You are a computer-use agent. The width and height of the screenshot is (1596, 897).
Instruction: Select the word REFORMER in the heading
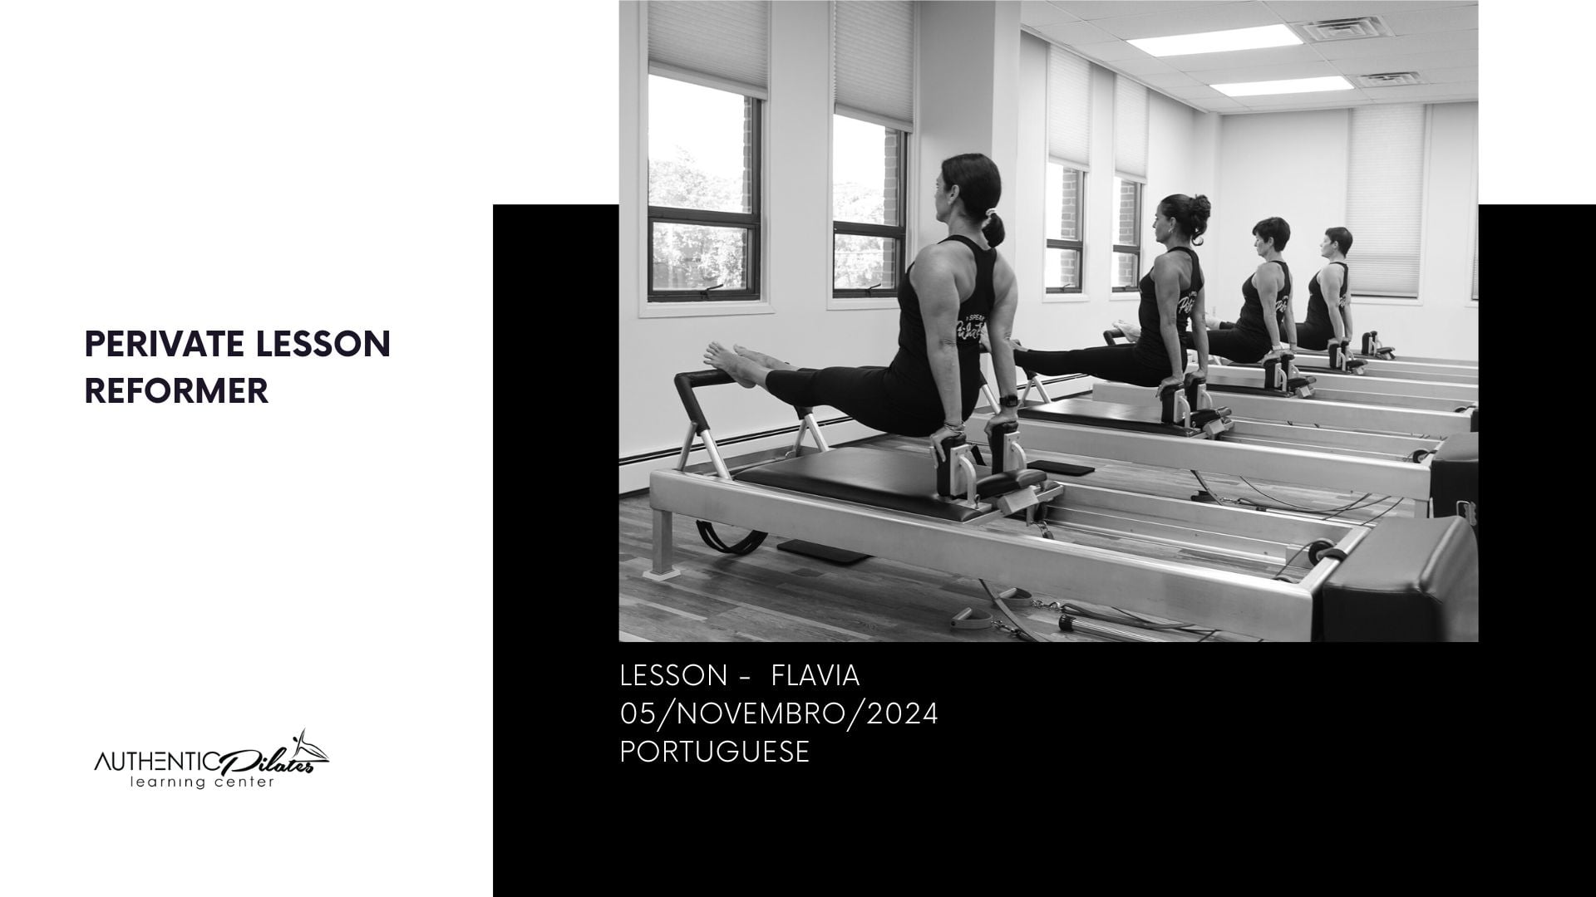click(177, 391)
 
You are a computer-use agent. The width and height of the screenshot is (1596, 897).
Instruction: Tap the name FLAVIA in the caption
click(815, 676)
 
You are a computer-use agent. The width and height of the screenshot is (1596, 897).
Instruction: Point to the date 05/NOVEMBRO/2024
click(779, 713)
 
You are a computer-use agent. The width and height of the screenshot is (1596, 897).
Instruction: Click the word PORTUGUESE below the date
click(715, 752)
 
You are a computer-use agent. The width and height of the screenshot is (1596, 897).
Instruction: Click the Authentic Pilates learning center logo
click(211, 762)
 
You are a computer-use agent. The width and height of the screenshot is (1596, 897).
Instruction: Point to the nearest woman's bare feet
click(731, 361)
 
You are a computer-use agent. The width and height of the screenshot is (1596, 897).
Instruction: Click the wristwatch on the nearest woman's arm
click(1007, 400)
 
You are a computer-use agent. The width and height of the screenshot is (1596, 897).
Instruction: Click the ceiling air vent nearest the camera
click(1337, 31)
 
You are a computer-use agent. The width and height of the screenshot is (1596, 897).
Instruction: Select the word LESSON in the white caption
click(674, 676)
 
